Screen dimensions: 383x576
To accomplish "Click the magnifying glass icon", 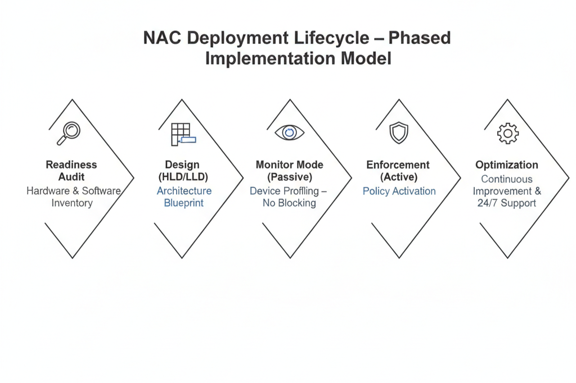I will (x=69, y=133).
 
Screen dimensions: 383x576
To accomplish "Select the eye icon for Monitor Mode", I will (x=290, y=133).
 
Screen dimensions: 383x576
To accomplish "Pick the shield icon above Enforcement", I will (x=399, y=133).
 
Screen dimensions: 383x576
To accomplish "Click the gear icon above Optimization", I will (x=507, y=133).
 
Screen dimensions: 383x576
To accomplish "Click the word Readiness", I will (x=71, y=165).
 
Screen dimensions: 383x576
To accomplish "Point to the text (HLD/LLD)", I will (x=182, y=177).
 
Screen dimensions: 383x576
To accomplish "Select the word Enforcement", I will (x=398, y=165).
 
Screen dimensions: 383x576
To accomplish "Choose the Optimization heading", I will (x=507, y=165).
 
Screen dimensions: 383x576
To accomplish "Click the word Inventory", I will (x=72, y=203).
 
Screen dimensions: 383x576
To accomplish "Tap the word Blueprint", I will (x=184, y=203).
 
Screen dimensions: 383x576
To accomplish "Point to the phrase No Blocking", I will (x=289, y=203).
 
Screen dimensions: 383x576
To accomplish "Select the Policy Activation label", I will (x=399, y=191).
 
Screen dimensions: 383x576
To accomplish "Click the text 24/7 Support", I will (x=507, y=203).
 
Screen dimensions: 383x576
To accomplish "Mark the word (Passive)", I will (x=289, y=177).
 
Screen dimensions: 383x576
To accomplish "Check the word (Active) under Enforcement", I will (x=398, y=177).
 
